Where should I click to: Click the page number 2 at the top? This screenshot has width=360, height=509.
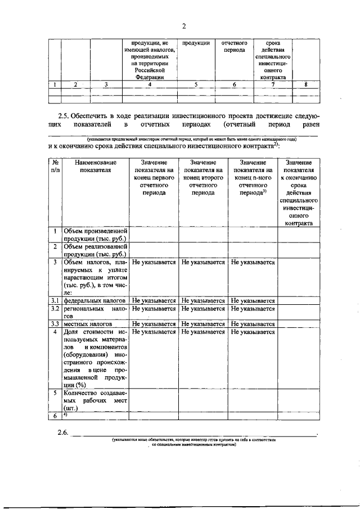click(183, 25)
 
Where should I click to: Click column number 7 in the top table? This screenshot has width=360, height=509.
click(272, 85)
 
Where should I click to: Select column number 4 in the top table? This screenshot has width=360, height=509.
click(149, 85)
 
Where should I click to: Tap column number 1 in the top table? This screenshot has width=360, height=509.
click(54, 85)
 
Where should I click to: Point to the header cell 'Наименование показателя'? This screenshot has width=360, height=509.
click(94, 165)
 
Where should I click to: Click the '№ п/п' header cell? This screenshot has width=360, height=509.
click(55, 165)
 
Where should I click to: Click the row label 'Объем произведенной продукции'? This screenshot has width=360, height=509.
click(94, 235)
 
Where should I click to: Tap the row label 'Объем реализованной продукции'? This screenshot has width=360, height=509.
click(94, 250)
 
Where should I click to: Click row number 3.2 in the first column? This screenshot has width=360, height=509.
click(55, 309)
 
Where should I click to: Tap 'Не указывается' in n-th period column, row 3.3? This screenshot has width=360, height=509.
click(253, 324)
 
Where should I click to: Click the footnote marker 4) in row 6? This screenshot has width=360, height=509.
click(66, 415)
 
